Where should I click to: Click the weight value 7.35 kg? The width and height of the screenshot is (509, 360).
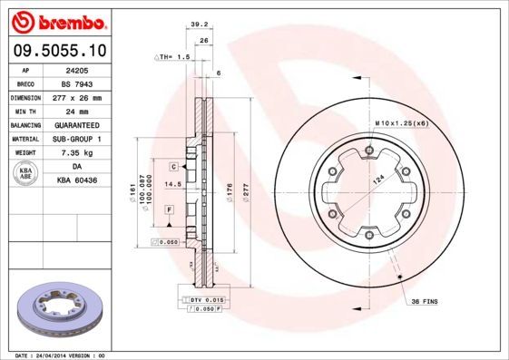(x=76, y=153)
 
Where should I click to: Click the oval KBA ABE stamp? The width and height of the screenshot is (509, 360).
(x=26, y=175)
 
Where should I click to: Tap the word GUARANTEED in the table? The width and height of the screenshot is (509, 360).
(x=76, y=124)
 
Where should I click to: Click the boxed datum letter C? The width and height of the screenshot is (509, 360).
(x=172, y=168)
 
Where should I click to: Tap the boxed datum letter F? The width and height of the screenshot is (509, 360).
(x=169, y=209)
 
